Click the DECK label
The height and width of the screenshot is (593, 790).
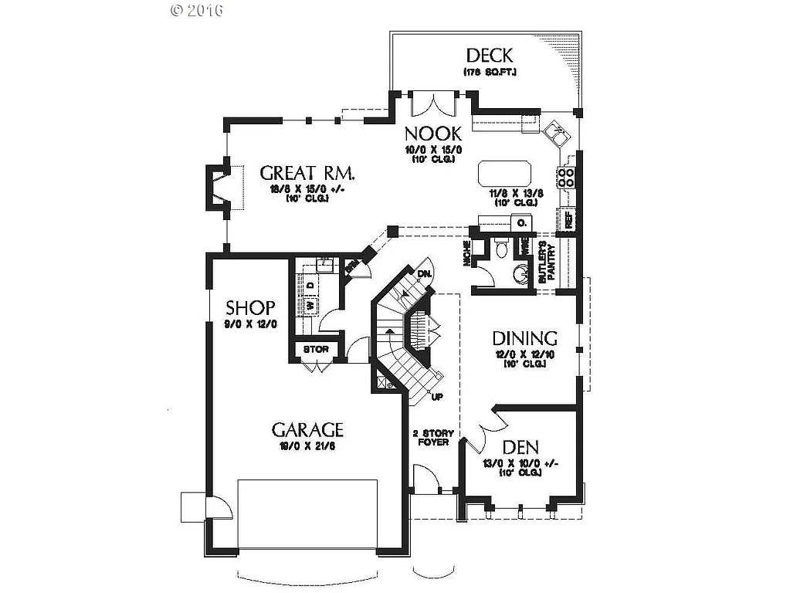tap(489, 56)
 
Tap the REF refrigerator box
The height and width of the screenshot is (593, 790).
tap(569, 219)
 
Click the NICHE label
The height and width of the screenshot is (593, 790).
tap(468, 256)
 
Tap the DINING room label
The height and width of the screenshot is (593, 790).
tap(525, 338)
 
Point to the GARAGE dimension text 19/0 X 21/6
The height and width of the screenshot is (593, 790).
tap(307, 446)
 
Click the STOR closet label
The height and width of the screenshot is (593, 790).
tap(316, 350)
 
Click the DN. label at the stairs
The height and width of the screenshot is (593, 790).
tap(424, 274)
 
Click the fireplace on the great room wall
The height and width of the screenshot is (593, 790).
tap(216, 188)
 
